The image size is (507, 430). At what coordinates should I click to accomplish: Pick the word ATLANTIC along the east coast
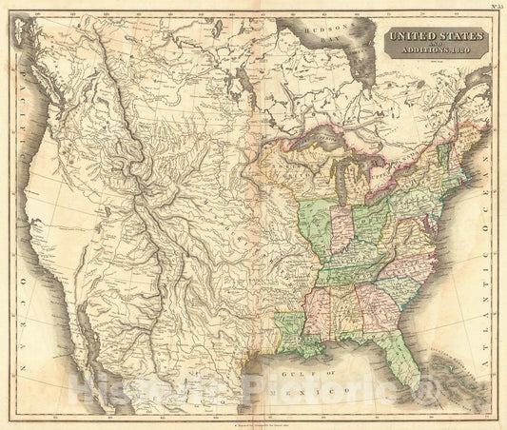(487, 238)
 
